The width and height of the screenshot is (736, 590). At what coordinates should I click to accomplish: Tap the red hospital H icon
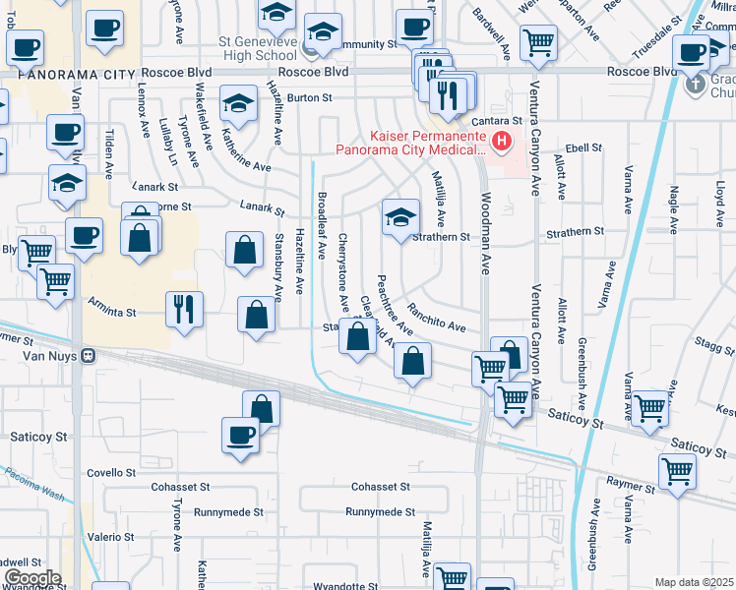point(503,144)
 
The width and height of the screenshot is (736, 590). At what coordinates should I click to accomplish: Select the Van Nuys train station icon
point(88,356)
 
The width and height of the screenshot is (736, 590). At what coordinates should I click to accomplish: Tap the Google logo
point(32,578)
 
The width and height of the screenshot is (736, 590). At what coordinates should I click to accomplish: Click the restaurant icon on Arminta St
point(184,309)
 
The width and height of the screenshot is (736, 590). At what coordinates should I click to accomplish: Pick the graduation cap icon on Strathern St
point(399,218)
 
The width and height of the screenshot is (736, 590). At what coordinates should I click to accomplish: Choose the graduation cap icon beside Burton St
point(237,103)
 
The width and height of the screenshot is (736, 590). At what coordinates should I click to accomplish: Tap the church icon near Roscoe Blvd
point(695,84)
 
